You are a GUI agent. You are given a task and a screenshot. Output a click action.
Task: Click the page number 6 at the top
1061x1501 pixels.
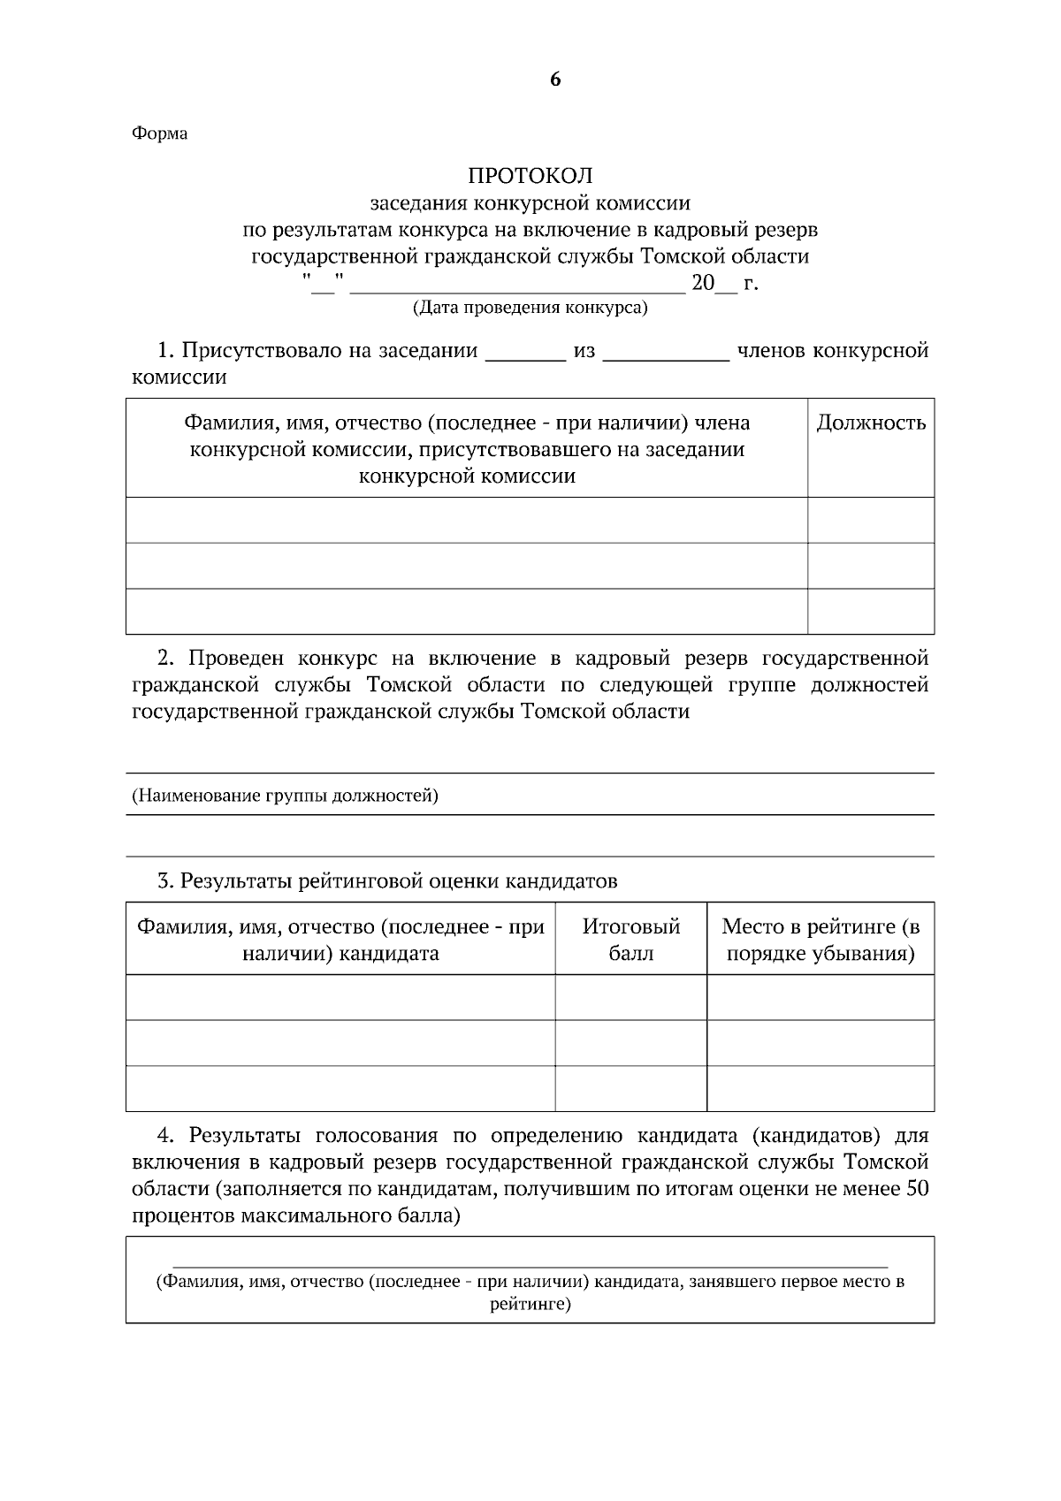click(554, 80)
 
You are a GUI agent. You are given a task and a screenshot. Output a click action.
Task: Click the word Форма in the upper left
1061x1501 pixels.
click(160, 134)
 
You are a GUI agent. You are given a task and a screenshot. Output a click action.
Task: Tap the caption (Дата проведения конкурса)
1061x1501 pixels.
click(530, 309)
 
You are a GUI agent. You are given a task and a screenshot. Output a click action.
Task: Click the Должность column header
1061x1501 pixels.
click(870, 423)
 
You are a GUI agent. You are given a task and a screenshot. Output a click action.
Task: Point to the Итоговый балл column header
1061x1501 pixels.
click(630, 940)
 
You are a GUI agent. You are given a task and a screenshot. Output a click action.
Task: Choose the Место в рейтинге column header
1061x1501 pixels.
click(820, 940)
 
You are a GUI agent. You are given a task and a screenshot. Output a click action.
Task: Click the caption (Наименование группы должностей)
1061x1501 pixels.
click(285, 796)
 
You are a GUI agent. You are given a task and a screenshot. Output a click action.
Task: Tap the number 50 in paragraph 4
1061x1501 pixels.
click(917, 1189)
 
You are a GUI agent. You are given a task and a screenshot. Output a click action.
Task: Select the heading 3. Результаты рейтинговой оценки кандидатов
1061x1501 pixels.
click(387, 881)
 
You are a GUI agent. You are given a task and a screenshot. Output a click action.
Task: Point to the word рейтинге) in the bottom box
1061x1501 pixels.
click(530, 1304)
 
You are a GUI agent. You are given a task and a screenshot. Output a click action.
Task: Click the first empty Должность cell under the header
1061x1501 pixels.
click(870, 520)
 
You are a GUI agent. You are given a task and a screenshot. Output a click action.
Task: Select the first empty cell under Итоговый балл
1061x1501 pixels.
click(630, 998)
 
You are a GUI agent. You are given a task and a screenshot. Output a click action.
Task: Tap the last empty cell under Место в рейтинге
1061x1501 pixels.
click(820, 1088)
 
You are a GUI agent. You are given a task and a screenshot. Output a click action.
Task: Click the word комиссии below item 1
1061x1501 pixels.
click(179, 378)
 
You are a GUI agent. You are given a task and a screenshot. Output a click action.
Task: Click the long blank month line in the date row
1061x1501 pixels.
click(516, 288)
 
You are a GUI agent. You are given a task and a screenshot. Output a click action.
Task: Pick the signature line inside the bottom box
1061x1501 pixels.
click(530, 1266)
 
